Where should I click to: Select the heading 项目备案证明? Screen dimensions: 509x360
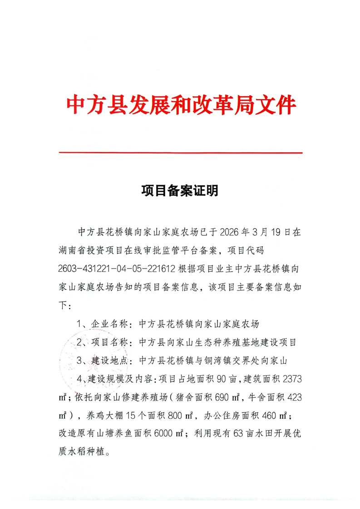(x=180, y=191)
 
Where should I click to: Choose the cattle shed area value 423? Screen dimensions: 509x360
(x=291, y=397)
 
